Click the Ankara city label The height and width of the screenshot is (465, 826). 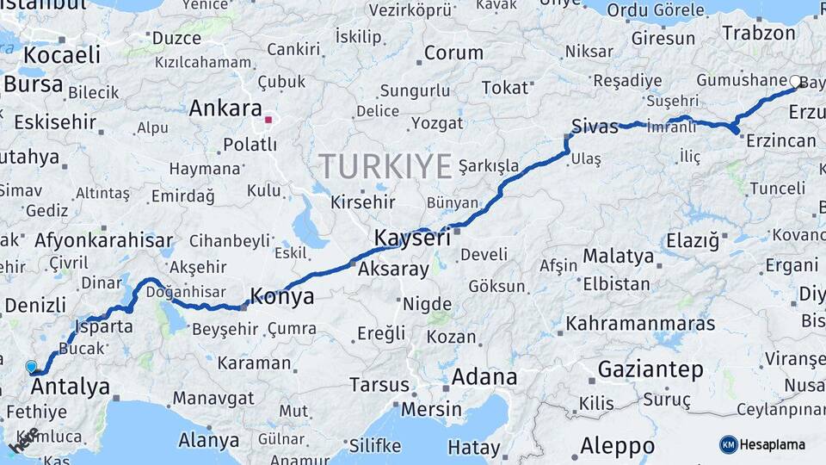pos(225,108)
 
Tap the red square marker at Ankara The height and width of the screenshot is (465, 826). pos(269,120)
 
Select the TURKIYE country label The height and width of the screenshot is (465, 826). pos(385,165)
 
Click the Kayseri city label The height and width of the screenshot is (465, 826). pos(412,238)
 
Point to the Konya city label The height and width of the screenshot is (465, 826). pos(281,298)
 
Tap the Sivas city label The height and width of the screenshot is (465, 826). pos(595,127)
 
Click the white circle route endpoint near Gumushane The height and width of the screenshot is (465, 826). pos(795,82)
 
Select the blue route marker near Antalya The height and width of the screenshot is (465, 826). pos(32,367)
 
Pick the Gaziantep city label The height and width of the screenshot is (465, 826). pos(650,369)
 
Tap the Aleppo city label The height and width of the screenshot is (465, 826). pos(617,446)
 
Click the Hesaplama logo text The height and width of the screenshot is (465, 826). pos(773,444)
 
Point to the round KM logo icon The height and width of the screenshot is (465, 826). pos(729,444)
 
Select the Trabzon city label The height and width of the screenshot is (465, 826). pos(759,34)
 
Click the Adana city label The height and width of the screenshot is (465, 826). pos(484,376)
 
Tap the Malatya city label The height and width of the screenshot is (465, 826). pos(618,256)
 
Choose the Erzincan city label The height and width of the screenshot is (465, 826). pos(780,141)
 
